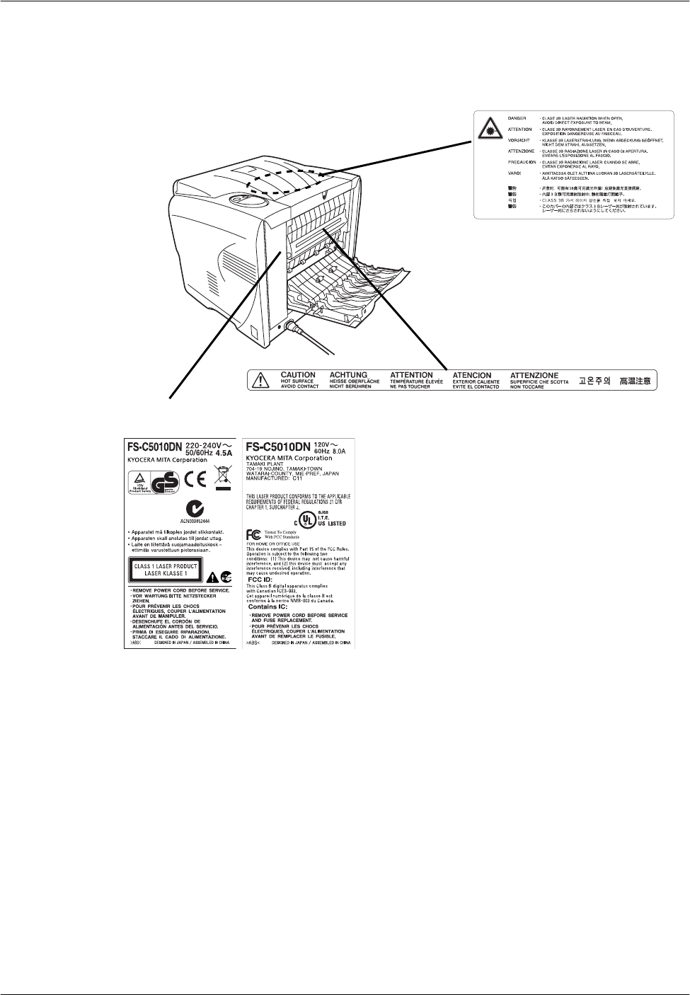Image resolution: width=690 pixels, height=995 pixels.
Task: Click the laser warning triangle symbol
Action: [x=490, y=127]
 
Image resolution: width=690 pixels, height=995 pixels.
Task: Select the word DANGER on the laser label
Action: [x=517, y=117]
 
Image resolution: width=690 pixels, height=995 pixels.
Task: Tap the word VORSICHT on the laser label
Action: [x=519, y=140]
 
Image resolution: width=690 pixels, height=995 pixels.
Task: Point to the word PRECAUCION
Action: [x=522, y=162]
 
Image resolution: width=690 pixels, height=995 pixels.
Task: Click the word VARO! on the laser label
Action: [x=515, y=173]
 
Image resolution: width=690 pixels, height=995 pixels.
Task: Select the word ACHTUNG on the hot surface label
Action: [x=348, y=375]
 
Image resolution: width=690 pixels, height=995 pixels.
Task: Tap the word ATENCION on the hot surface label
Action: [x=472, y=375]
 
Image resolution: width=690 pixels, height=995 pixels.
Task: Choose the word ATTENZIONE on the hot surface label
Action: [x=534, y=375]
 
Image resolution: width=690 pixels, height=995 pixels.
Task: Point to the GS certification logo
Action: [x=168, y=481]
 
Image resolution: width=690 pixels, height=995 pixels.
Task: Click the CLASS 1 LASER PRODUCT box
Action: [x=165, y=569]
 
